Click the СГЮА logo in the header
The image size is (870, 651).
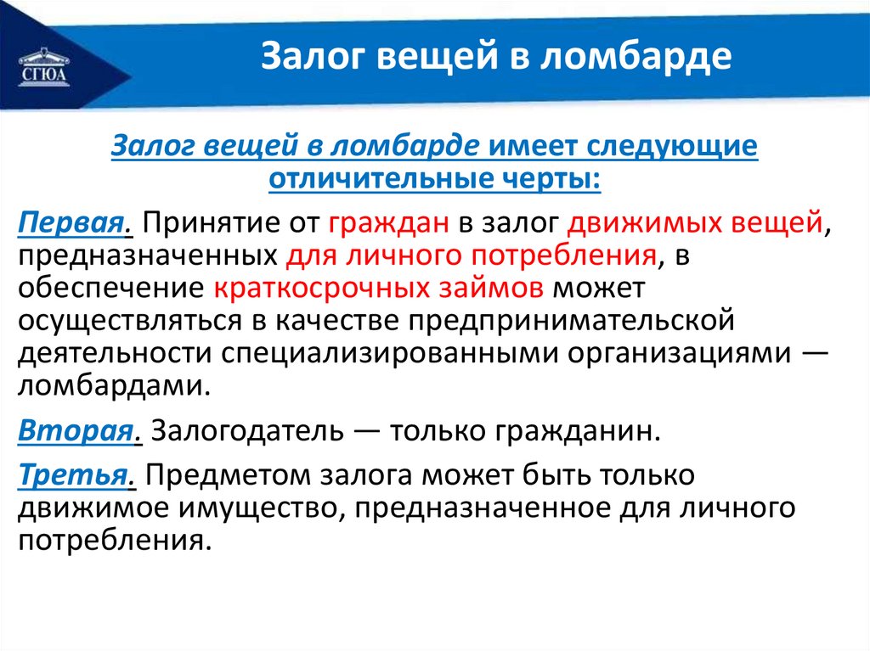point(45,68)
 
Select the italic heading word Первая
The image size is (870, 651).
point(71,223)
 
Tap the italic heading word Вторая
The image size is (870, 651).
point(76,431)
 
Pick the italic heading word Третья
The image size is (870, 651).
point(73,475)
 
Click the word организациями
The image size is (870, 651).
point(679,354)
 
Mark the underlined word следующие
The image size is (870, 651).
point(672,146)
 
